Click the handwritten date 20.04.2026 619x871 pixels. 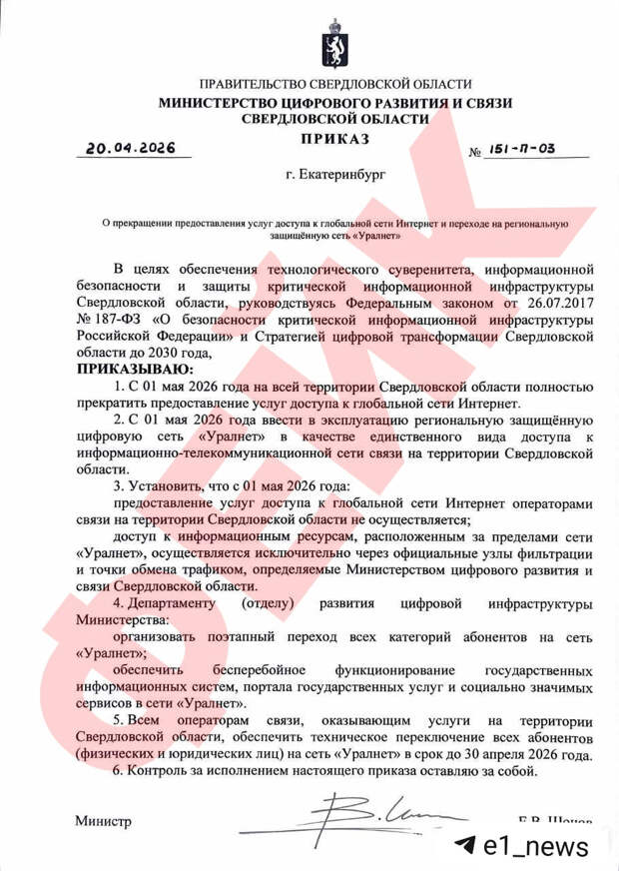[x=130, y=148]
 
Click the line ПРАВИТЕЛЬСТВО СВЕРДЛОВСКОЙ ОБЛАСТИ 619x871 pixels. [x=335, y=85]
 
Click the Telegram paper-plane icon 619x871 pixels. [x=462, y=846]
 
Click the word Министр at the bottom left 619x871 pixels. [x=103, y=821]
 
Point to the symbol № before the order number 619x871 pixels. [x=476, y=153]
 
